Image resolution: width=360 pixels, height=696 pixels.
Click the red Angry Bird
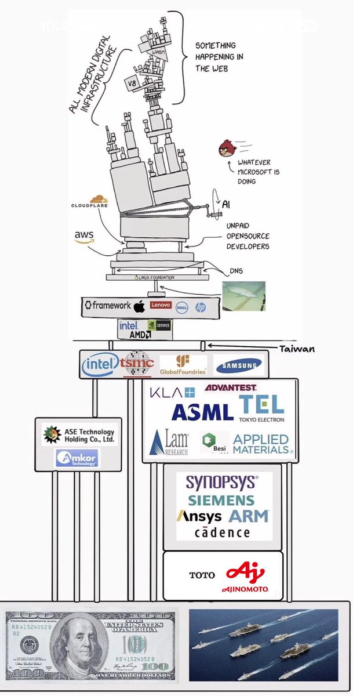(227, 148)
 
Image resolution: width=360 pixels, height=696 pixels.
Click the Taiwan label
(296, 349)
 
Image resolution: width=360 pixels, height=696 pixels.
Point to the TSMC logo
(138, 364)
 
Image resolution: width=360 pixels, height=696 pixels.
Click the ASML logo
(202, 412)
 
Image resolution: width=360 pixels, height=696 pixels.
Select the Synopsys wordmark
(221, 481)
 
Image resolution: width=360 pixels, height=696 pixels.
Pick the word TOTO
(202, 575)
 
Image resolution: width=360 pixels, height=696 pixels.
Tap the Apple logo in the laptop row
(139, 305)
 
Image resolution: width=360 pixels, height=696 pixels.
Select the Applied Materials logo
(261, 444)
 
